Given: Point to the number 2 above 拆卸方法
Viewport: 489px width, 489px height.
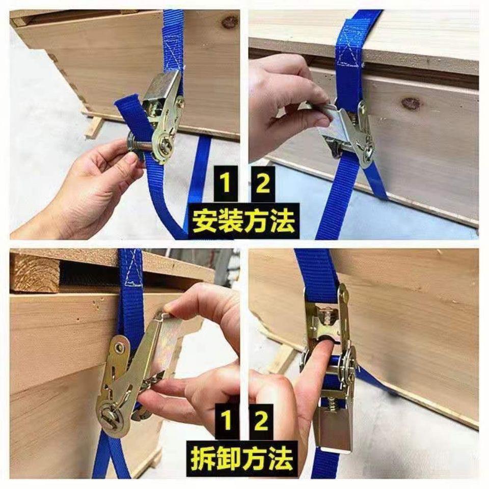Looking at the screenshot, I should (x=261, y=421).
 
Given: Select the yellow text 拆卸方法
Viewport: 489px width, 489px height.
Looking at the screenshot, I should (x=243, y=458).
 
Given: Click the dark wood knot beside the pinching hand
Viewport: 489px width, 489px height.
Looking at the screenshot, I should (x=411, y=103).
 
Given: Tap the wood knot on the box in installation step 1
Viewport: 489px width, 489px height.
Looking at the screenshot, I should (x=230, y=21).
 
